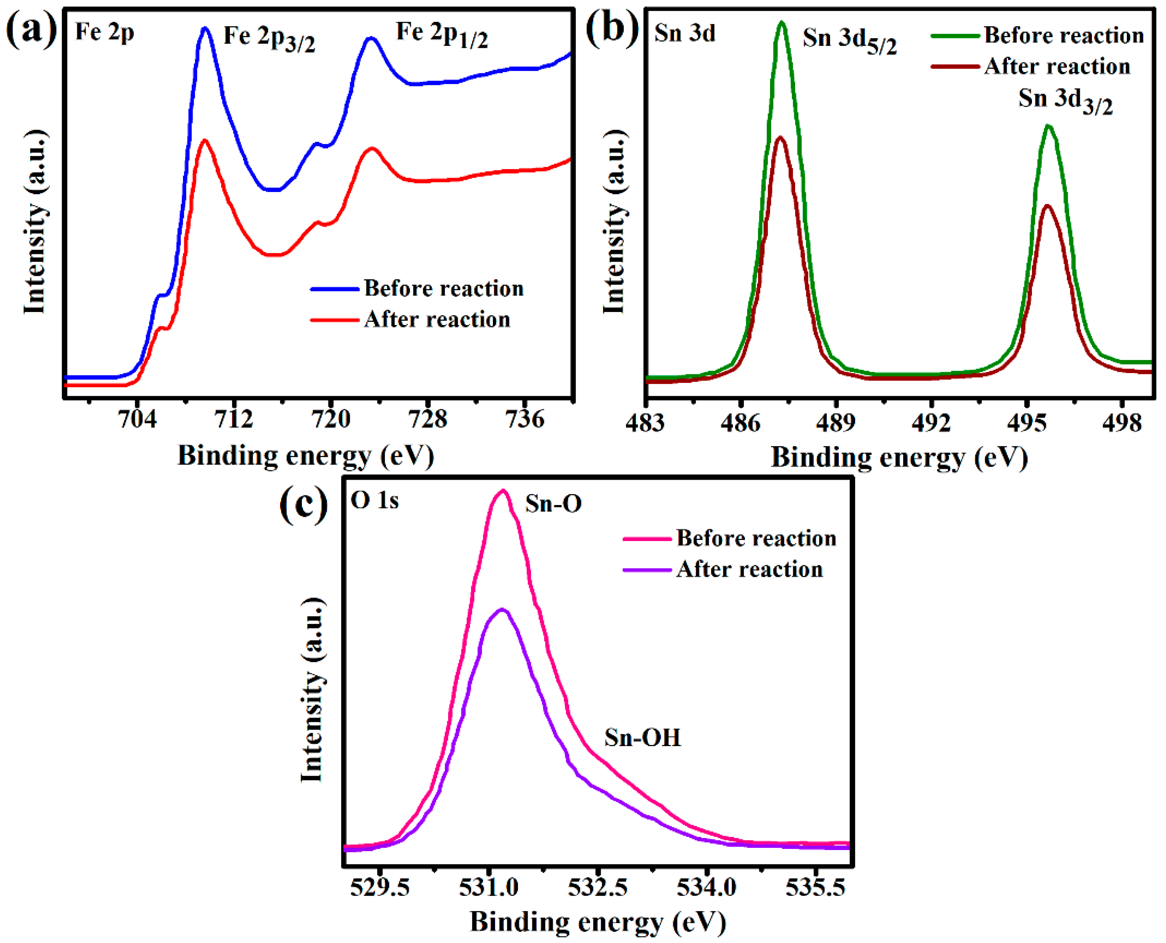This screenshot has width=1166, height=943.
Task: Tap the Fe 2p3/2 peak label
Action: pos(269,38)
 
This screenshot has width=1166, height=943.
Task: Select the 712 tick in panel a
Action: pos(234,419)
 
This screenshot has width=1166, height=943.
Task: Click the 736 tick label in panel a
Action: pos(524,419)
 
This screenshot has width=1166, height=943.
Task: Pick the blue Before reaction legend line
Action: pos(334,289)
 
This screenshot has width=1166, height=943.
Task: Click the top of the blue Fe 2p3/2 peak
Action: pos(205,28)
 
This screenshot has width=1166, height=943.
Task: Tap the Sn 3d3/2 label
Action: pos(1065,100)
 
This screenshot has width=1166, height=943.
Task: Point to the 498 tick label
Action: pos(1121,423)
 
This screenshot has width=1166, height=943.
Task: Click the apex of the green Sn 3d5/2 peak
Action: pos(782,23)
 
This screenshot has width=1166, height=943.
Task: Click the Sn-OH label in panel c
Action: pos(642,738)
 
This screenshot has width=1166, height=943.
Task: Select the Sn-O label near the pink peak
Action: pos(553,503)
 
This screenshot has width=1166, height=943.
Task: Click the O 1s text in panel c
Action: pos(374,500)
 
